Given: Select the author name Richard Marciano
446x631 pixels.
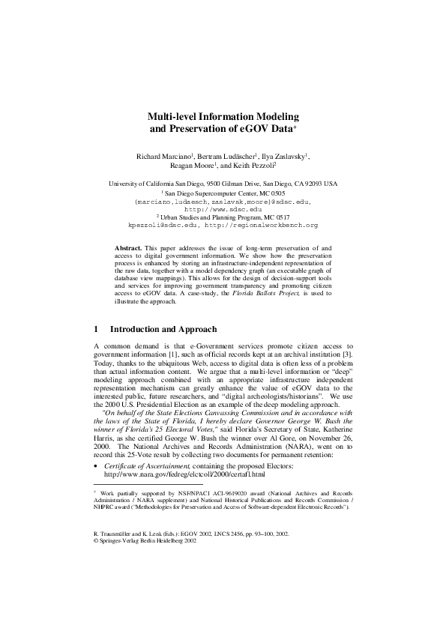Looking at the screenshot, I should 162,156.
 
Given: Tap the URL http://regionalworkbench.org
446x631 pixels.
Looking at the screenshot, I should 273,225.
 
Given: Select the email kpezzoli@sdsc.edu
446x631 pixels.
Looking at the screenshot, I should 160,225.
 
